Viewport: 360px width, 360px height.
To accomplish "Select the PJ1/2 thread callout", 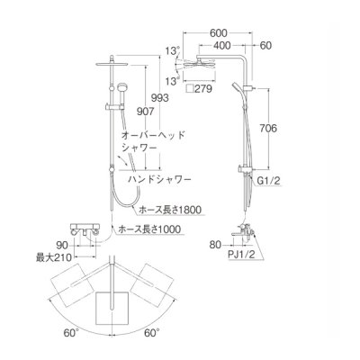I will click(238, 255).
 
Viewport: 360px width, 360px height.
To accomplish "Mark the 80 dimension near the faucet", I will click(215, 242).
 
